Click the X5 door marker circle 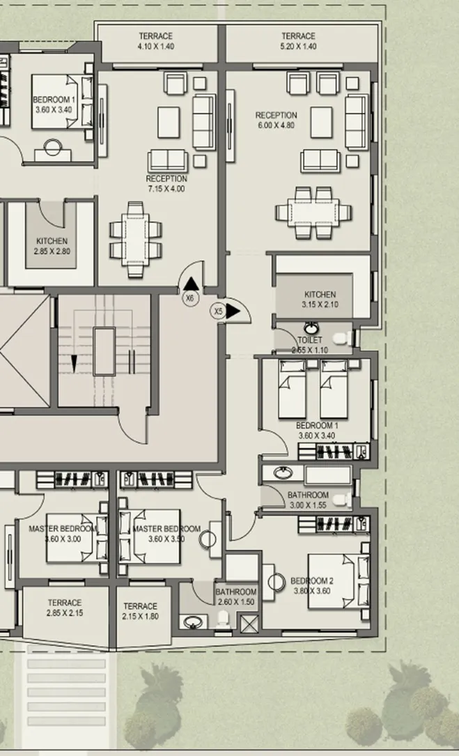point(219,311)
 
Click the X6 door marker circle point(190,298)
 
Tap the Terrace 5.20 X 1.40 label point(299,41)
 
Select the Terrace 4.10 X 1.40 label point(155,41)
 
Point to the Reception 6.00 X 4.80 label point(276,121)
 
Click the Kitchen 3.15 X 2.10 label point(320,300)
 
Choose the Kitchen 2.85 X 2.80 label point(53,246)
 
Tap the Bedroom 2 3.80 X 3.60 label point(311,586)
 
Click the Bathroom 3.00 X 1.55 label point(308,500)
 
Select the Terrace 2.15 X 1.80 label point(141,611)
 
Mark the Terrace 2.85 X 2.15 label point(64,608)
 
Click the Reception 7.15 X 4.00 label point(166,184)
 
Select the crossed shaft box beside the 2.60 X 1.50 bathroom point(249,622)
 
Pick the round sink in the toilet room point(312,327)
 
